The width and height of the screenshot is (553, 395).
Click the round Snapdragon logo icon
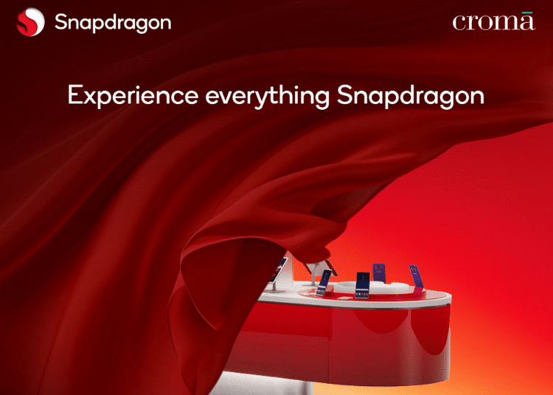[x=31, y=22]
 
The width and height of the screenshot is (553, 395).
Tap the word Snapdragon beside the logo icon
[x=113, y=24]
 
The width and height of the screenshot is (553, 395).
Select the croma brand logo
[x=494, y=21]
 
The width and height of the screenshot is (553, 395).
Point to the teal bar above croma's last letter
[x=527, y=13]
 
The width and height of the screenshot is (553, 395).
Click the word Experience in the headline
[x=133, y=96]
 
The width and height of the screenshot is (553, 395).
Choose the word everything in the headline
[x=268, y=96]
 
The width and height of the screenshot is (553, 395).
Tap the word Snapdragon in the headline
[x=411, y=96]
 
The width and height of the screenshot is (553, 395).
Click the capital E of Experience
[x=74, y=94]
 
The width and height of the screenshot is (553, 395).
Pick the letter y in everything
[x=262, y=99]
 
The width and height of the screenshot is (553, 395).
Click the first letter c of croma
[x=459, y=24]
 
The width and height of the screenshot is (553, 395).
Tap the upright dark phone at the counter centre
[x=363, y=285]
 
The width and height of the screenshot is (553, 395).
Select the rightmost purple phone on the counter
[x=416, y=276]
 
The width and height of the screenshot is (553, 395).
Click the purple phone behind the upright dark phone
[x=379, y=273]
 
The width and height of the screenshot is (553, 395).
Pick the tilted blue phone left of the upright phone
[x=324, y=282]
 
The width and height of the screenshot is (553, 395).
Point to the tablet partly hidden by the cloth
[x=279, y=270]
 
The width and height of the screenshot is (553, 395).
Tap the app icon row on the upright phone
[x=362, y=294]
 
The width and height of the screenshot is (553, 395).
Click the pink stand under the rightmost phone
[x=419, y=290]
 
